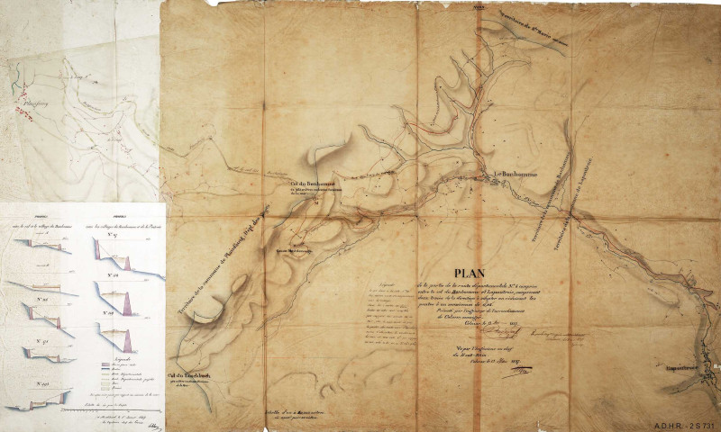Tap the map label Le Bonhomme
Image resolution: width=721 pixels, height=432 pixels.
(x=516, y=174)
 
